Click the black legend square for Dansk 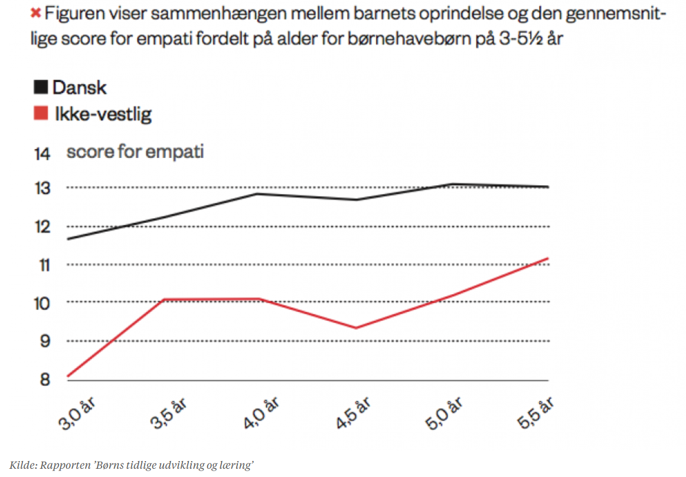(x=40, y=88)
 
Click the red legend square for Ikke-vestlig (x=40, y=114)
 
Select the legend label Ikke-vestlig (x=102, y=114)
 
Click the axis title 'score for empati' (x=135, y=152)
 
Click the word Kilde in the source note (x=21, y=465)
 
